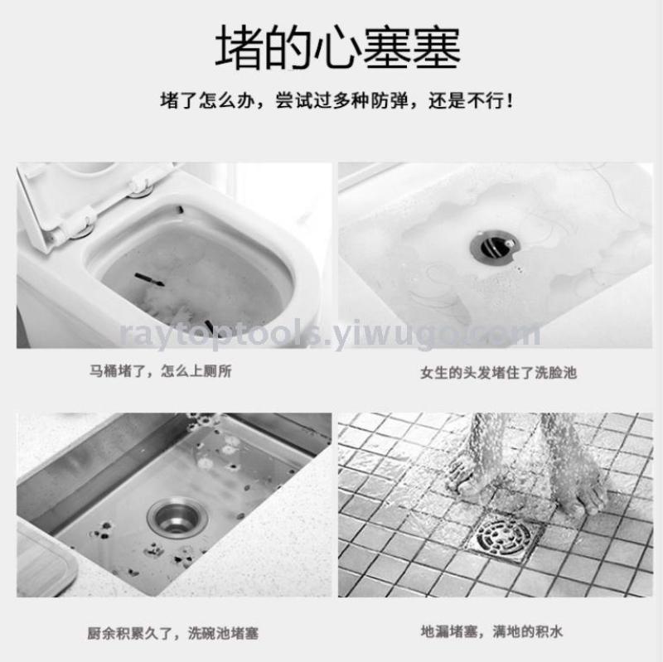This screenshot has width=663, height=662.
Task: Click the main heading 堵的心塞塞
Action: pyautogui.click(x=337, y=47)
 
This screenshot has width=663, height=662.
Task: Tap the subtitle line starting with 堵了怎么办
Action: pyautogui.click(x=337, y=101)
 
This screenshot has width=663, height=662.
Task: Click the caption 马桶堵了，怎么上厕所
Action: pyautogui.click(x=160, y=371)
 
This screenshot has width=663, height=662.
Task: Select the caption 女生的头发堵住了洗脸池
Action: pyautogui.click(x=499, y=373)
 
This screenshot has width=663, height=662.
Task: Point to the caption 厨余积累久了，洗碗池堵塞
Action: pyautogui.click(x=172, y=633)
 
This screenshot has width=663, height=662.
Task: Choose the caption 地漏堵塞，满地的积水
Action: pyautogui.click(x=491, y=631)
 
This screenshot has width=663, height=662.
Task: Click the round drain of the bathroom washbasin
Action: pyautogui.click(x=494, y=246)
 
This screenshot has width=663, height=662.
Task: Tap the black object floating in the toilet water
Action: pyautogui.click(x=149, y=280)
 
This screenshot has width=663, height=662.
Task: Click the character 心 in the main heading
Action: pyautogui.click(x=337, y=47)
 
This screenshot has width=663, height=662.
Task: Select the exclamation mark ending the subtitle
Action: pyautogui.click(x=510, y=101)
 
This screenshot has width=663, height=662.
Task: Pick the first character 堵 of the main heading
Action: pyautogui.click(x=239, y=47)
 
